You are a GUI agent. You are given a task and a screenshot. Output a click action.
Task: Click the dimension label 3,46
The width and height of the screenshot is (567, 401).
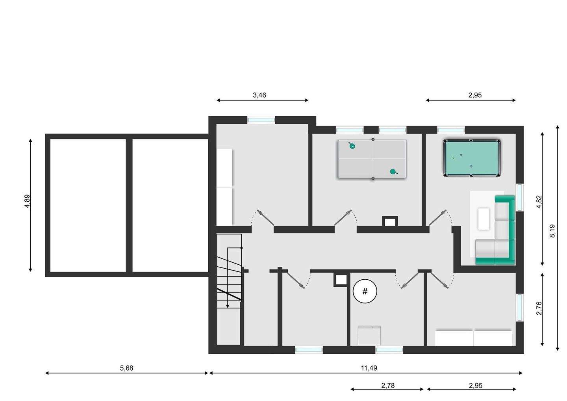tap(259, 95)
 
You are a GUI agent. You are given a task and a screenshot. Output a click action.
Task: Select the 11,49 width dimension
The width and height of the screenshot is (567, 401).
tap(369, 368)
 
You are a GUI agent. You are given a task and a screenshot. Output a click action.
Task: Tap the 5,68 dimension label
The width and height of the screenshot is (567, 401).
tap(126, 368)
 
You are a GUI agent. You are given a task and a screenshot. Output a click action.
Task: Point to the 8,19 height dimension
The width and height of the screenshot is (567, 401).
tap(552, 231)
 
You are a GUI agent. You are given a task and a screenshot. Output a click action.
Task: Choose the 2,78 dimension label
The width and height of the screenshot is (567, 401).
tap(388, 386)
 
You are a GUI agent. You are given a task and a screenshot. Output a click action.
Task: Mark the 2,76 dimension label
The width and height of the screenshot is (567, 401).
tap(539, 308)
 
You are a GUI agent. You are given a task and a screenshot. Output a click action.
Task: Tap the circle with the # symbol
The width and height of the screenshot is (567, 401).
tap(365, 291)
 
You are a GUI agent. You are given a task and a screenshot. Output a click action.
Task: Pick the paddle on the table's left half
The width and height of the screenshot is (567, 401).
tap(352, 146)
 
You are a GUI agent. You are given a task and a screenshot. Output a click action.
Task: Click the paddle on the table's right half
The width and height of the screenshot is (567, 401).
tap(393, 171)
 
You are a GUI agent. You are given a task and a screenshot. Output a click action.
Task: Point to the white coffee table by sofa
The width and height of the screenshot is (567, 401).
tap(484, 219)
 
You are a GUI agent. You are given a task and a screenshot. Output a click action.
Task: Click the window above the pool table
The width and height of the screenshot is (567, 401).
tap(451, 129)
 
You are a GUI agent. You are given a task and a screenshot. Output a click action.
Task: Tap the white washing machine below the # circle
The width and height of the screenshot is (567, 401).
tap(369, 335)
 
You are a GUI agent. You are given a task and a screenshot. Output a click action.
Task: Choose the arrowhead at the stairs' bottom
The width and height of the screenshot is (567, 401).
tap(228, 306)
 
